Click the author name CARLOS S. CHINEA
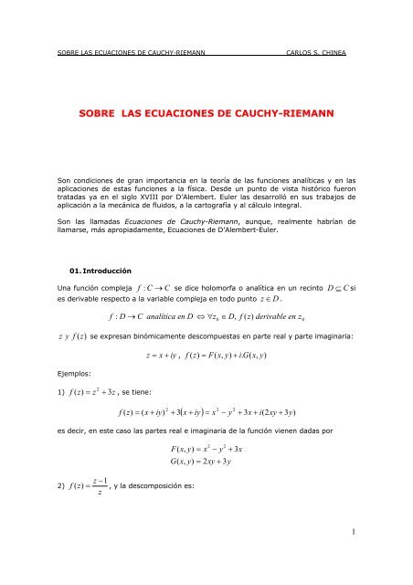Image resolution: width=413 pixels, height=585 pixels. coord(325,52)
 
